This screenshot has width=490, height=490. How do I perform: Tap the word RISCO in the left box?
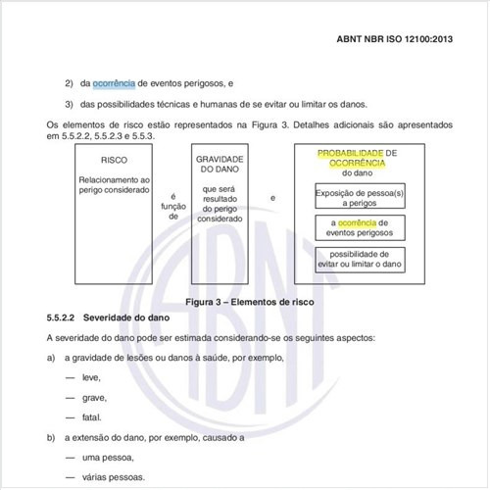click(x=113, y=159)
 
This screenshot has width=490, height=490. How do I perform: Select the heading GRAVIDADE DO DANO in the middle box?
click(x=220, y=164)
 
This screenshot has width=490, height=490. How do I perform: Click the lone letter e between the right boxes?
click(x=272, y=199)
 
